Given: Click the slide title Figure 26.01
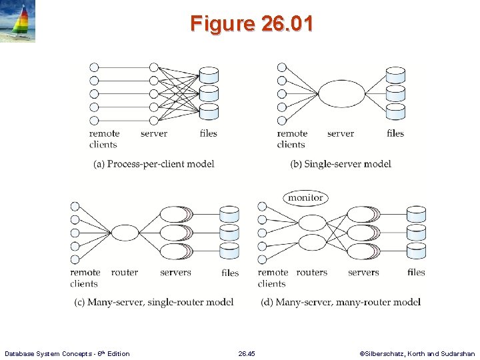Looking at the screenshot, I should pos(251,24).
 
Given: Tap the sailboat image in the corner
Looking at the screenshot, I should pos(17,22).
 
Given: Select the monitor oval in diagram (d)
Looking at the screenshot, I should pos(305,197).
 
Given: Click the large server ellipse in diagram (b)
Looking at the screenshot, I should pos(342,94).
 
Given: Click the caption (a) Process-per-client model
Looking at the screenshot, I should pos(154,164).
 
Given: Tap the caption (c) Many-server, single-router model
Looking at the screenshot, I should pos(154,302).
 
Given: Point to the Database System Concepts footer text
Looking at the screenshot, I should pos(67,353).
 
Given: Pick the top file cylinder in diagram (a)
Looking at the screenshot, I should pos(209,74).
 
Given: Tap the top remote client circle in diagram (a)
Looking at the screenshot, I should pos(94,67).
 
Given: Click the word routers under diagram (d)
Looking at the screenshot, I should pos(312,272).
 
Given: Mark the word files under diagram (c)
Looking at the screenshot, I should pos(230,272).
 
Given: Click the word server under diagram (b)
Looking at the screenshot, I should pos(341,133).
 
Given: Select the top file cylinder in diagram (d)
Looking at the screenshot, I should pos(416,214).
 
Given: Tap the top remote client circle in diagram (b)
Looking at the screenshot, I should pos(281,67).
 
